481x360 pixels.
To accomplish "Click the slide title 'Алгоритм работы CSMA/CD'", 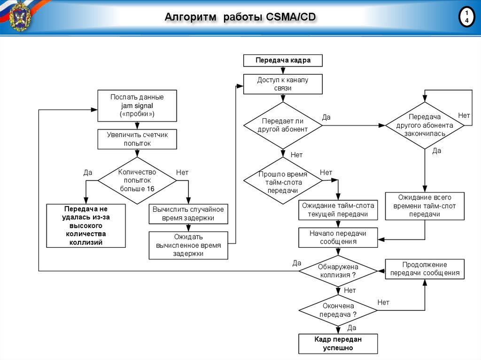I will [240, 18].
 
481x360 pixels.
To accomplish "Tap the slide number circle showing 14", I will [466, 17].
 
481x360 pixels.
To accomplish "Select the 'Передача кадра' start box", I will [283, 61].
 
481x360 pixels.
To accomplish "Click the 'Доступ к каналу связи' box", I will [283, 84].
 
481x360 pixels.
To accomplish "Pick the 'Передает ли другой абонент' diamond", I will [283, 125].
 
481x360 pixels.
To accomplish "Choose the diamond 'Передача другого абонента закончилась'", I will [425, 125].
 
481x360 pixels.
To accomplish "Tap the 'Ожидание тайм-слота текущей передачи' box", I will [338, 210].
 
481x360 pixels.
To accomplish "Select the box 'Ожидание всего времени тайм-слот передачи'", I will [425, 206].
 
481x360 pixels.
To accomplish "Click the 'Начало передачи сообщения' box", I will [338, 237].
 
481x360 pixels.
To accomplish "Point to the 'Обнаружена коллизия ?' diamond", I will [338, 271].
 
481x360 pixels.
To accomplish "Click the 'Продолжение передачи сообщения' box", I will [425, 269].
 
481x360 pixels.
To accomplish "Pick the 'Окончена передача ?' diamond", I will [338, 310].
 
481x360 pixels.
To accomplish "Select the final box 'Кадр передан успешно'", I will [338, 344].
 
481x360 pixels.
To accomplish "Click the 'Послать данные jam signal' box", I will [137, 106].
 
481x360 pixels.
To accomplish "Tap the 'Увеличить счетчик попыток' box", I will [137, 139].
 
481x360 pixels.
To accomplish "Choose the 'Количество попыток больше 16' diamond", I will [137, 180].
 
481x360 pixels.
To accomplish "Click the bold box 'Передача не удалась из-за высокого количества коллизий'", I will [86, 226].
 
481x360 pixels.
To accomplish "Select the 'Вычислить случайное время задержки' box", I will [188, 214].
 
